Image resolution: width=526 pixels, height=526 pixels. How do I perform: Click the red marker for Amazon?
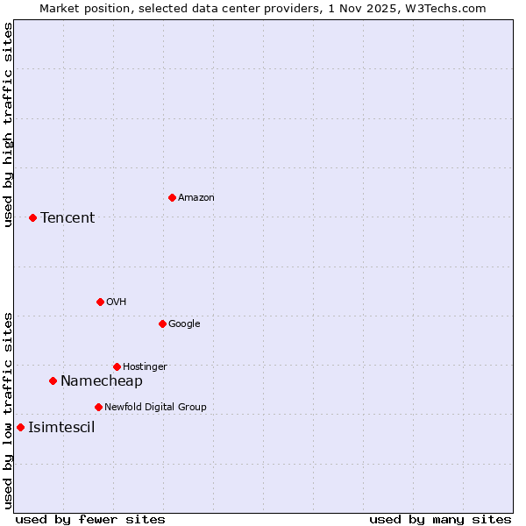(x=172, y=197)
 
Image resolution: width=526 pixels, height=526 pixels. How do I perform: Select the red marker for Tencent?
(x=32, y=217)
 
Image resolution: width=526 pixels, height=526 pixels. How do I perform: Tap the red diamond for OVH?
(x=100, y=302)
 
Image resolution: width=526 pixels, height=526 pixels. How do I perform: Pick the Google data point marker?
(x=162, y=323)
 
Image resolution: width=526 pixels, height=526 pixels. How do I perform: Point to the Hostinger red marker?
(x=117, y=366)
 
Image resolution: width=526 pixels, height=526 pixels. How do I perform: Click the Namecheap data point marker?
(x=53, y=380)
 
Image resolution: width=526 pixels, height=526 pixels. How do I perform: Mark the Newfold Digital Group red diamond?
(x=98, y=407)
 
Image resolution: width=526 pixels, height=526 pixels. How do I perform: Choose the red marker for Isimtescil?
(x=20, y=428)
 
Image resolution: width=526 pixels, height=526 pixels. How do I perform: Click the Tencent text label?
(x=68, y=217)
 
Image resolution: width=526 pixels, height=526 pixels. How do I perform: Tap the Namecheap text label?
(x=101, y=380)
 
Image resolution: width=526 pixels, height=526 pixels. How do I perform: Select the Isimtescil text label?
(x=61, y=428)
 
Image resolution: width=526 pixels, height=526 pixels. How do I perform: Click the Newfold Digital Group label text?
(x=155, y=407)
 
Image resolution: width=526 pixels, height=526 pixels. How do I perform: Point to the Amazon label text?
(x=195, y=197)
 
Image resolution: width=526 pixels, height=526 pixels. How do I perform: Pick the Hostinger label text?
(x=145, y=366)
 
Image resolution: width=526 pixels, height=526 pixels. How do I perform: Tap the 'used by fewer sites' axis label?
(x=90, y=519)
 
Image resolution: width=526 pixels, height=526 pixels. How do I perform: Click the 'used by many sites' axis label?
(x=440, y=519)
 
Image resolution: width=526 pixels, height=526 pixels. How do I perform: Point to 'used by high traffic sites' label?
(x=8, y=124)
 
